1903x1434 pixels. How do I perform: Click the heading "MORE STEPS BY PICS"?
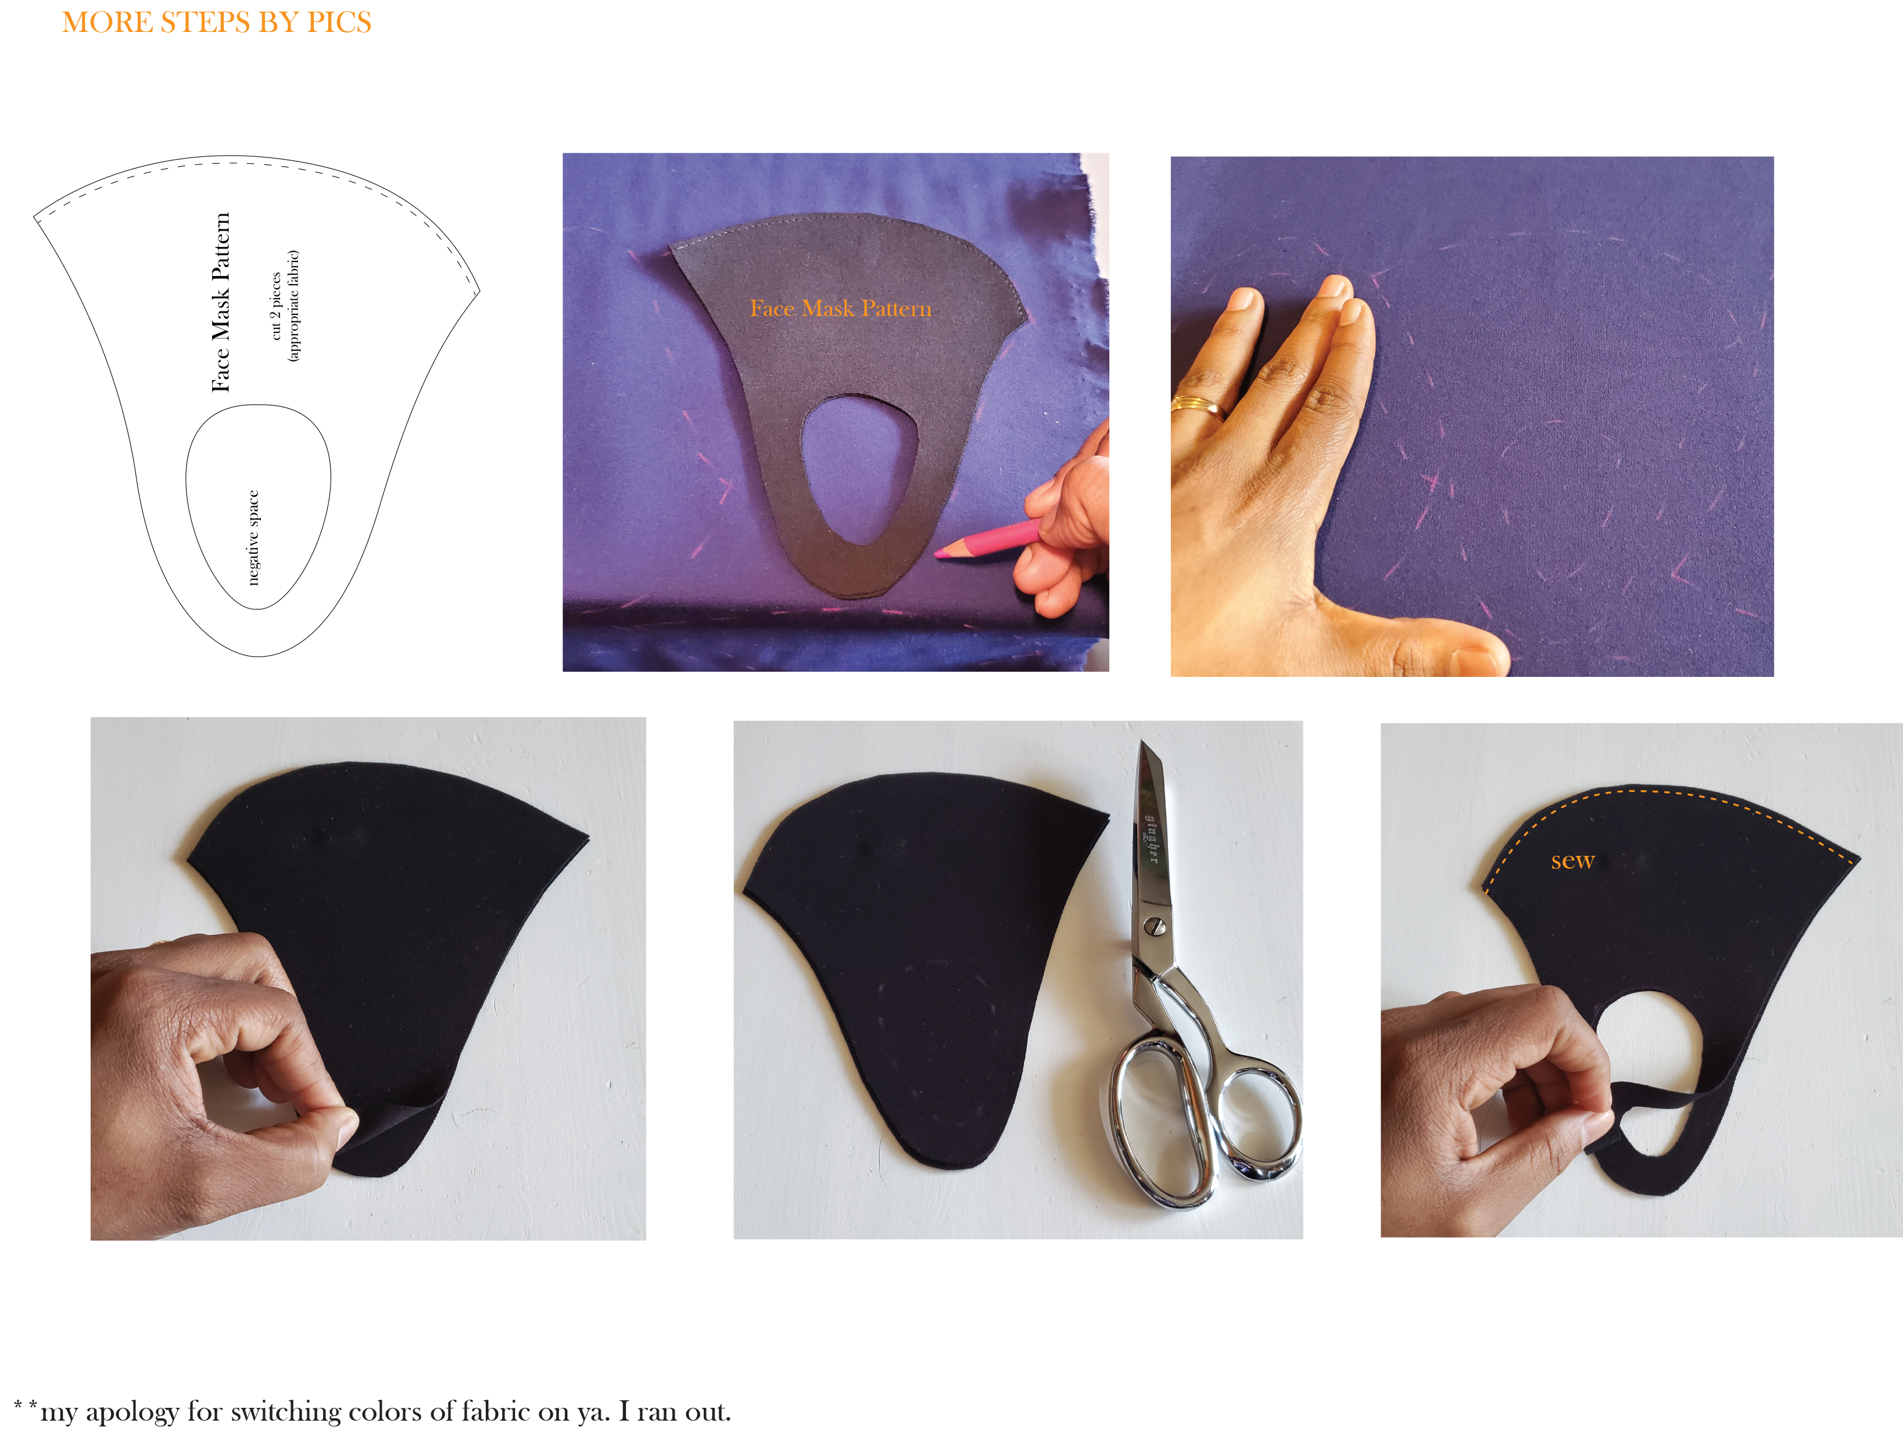coord(217,22)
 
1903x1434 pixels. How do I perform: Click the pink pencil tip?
coord(940,555)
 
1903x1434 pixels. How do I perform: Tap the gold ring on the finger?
coord(1198,404)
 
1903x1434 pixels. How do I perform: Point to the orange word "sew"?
coord(1572,861)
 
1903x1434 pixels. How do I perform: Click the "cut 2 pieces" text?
coord(276,306)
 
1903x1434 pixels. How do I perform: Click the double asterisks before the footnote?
coord(26,1406)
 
